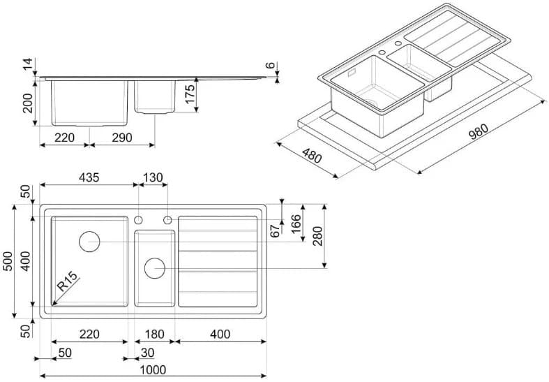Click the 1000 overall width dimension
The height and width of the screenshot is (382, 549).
pyautogui.click(x=153, y=369)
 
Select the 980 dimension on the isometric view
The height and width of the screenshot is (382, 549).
pyautogui.click(x=479, y=132)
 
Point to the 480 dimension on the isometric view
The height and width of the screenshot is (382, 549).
pyautogui.click(x=311, y=156)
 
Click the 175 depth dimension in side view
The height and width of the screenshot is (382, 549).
pyautogui.click(x=190, y=94)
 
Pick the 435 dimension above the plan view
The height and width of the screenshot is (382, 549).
pyautogui.click(x=89, y=177)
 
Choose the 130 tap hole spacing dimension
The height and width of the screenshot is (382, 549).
pyautogui.click(x=153, y=177)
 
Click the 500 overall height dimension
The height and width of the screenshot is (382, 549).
pyautogui.click(x=8, y=261)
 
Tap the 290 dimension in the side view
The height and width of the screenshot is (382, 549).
pyautogui.click(x=122, y=138)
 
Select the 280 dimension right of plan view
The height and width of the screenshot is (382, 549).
pyautogui.click(x=317, y=236)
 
